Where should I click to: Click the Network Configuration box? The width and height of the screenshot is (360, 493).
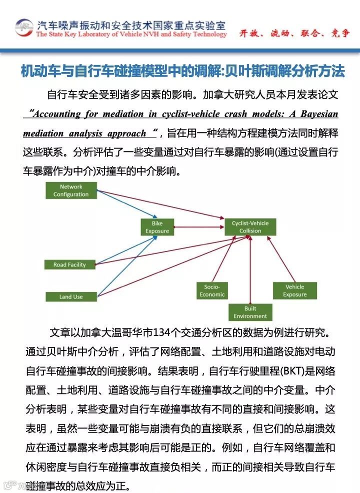coord(70,190)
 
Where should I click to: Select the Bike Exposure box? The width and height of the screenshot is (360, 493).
coord(157,227)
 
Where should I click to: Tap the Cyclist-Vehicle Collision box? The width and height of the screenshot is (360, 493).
coord(250,227)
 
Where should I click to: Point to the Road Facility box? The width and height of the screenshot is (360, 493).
coord(69,264)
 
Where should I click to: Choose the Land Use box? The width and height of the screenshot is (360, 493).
coord(71,296)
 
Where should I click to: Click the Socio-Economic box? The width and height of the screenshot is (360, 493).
coord(212,290)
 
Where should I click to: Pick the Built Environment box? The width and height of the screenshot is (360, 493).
coord(250,312)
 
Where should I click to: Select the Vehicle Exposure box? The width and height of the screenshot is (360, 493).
coord(294,290)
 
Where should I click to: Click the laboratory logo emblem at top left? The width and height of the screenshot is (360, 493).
coord(23,28)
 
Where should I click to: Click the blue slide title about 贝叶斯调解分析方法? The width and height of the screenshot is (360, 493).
coord(182,71)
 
